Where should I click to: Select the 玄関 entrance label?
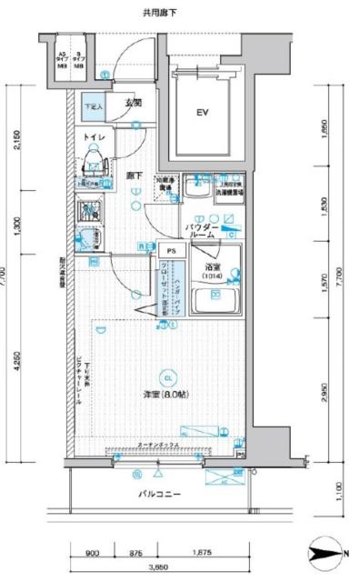pyautogui.click(x=131, y=103)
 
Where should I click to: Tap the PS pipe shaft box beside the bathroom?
pyautogui.click(x=170, y=247)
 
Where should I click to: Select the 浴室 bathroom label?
pyautogui.click(x=213, y=267)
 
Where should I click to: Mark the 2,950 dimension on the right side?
pyautogui.click(x=325, y=392)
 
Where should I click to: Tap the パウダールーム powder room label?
pyautogui.click(x=201, y=229)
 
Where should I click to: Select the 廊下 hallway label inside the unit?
pyautogui.click(x=134, y=173)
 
